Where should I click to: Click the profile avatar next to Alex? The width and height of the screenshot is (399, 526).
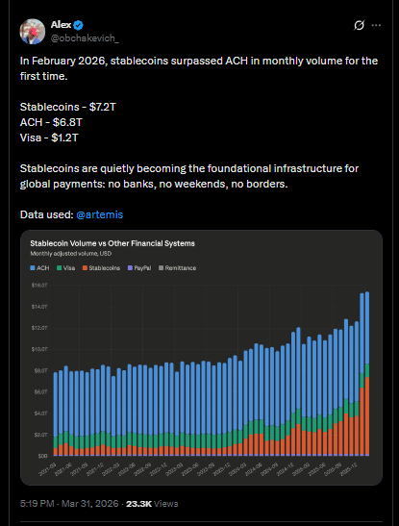coord(32,30)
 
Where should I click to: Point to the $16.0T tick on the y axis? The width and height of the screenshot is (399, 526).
coord(39,286)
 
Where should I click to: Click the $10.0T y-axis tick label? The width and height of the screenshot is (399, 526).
coord(39,349)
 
